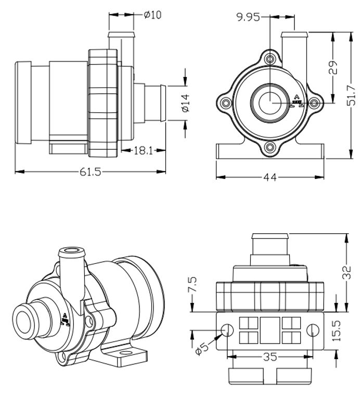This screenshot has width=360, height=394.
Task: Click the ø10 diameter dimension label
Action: [x=152, y=15]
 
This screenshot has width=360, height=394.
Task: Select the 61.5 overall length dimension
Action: [x=91, y=172]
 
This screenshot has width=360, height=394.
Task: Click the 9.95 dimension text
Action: [x=248, y=18]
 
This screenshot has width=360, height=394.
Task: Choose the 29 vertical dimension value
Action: [x=333, y=67]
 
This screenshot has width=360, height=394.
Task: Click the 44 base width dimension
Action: [x=269, y=177]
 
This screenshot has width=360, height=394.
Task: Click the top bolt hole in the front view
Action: [x=270, y=58]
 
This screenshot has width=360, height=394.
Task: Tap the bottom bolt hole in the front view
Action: [x=270, y=148]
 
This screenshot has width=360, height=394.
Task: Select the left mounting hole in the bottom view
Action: [x=228, y=329]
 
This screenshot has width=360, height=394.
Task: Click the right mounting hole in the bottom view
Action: [x=313, y=329]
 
